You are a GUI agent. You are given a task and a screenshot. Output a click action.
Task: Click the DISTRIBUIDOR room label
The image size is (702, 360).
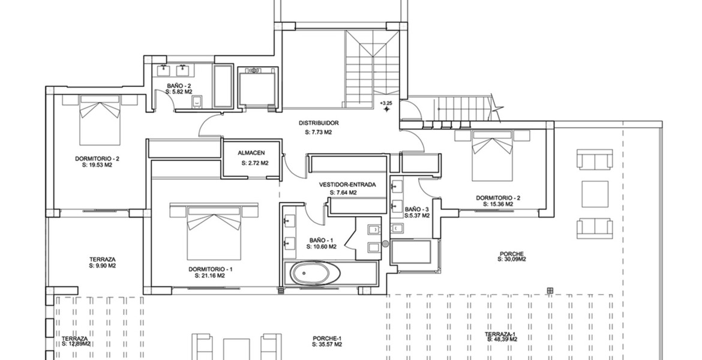[319, 122]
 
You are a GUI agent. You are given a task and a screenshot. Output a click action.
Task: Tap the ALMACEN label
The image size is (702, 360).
[251, 153]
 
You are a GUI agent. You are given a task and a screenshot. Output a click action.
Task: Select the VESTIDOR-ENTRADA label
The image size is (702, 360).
[347, 184]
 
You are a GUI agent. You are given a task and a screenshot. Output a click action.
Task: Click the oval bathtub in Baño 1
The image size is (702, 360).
[315, 272]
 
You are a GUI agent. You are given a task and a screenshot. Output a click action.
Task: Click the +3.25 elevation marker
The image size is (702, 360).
[386, 106]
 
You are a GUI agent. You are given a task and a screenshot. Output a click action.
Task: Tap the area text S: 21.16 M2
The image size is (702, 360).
[209, 276]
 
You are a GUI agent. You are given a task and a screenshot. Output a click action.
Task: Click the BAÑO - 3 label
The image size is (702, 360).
[417, 209]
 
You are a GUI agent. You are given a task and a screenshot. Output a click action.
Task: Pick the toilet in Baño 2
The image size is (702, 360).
[196, 103]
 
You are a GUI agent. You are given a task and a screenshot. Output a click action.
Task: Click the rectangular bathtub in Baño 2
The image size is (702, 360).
[223, 86]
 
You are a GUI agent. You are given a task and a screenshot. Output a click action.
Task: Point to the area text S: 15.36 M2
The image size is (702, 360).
[498, 204]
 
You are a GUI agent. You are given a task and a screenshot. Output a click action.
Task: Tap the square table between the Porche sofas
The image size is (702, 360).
[595, 194]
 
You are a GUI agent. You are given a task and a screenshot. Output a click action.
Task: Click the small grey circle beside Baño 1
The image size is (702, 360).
[385, 244]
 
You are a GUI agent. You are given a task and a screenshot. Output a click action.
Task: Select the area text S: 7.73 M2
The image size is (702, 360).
[319, 132]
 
